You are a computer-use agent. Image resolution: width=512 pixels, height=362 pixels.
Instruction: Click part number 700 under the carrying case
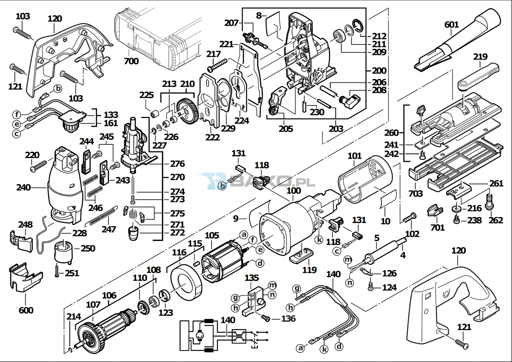131,61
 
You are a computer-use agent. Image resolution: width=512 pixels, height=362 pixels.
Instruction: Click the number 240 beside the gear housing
23,188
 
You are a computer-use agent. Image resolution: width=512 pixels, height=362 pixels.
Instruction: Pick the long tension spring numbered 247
103,216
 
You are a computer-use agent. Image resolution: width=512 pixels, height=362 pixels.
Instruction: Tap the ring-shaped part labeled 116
186,281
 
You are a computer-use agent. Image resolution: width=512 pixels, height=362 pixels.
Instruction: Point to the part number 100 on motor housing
294,191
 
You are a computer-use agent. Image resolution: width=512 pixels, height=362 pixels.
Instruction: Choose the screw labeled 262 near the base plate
490,202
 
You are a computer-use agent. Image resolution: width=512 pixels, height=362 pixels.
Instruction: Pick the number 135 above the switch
252,278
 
